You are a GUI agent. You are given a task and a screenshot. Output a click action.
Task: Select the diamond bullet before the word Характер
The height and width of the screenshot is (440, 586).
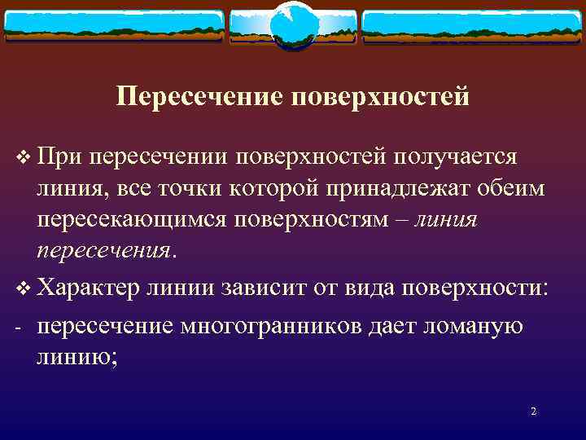(22, 289)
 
